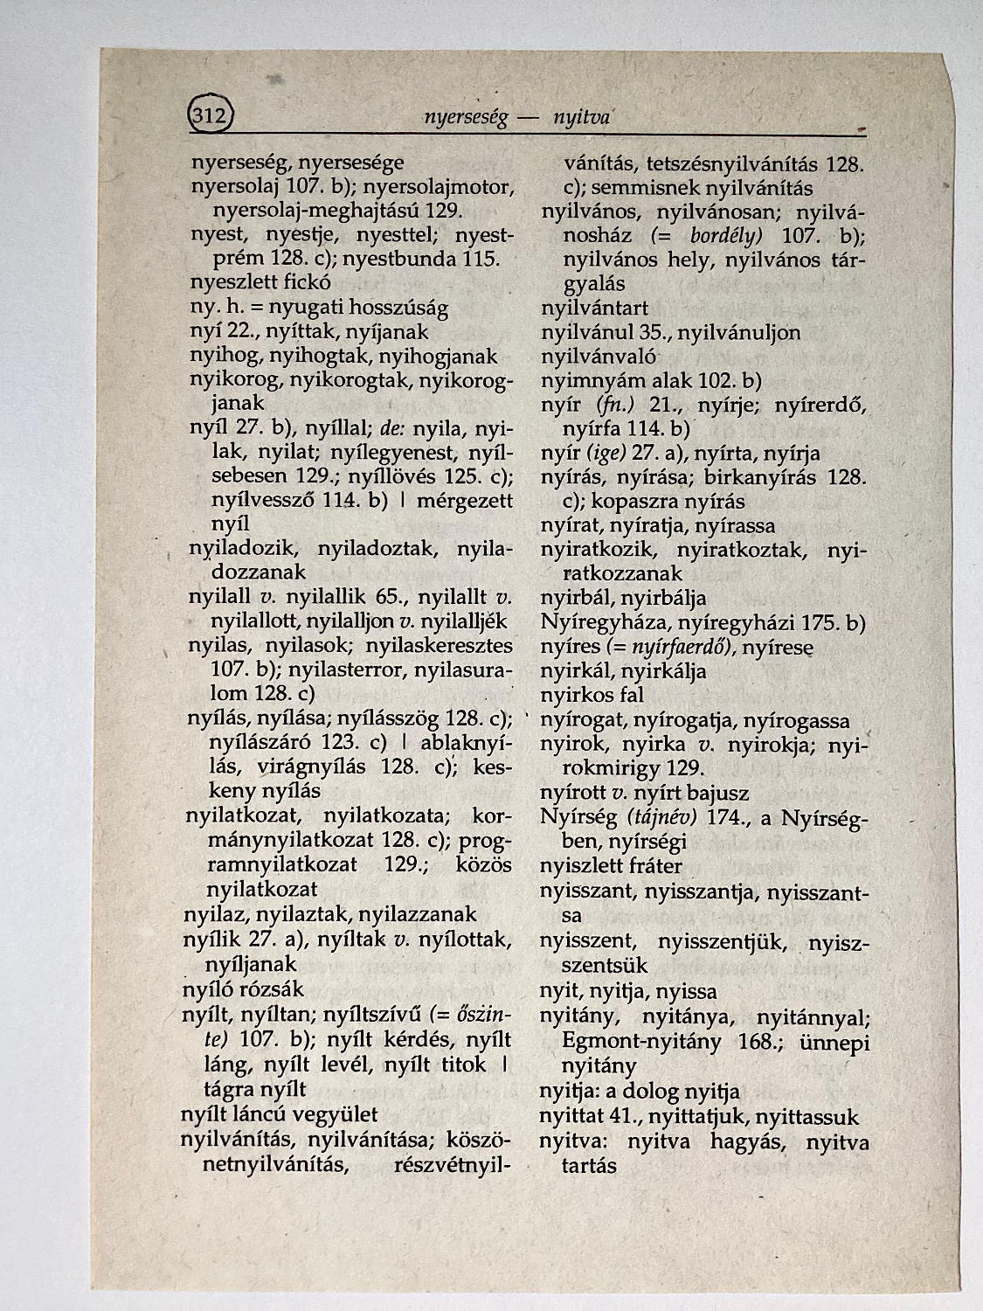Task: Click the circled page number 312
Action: click(x=210, y=114)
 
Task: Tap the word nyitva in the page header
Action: click(x=581, y=118)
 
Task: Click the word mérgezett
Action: click(x=464, y=501)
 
